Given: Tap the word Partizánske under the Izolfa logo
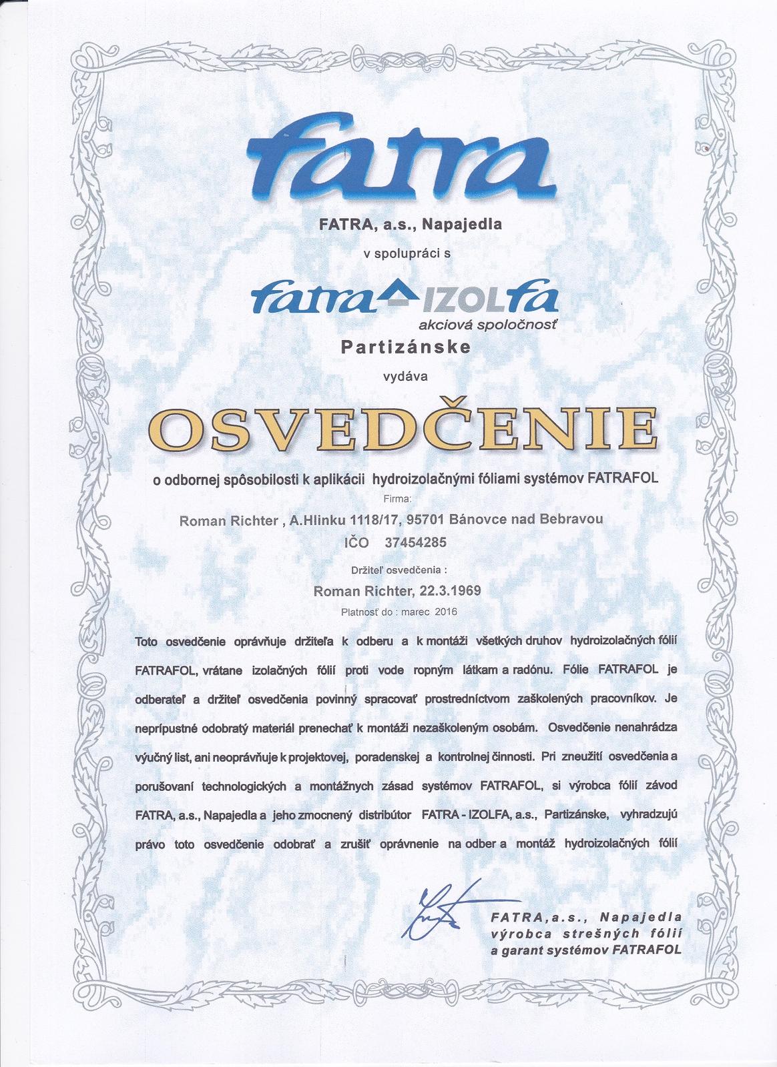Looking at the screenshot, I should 405,347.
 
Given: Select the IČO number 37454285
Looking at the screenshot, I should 415,542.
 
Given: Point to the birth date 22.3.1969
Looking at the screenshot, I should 449,590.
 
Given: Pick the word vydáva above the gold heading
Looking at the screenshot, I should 405,375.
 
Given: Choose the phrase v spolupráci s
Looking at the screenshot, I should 407,253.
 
